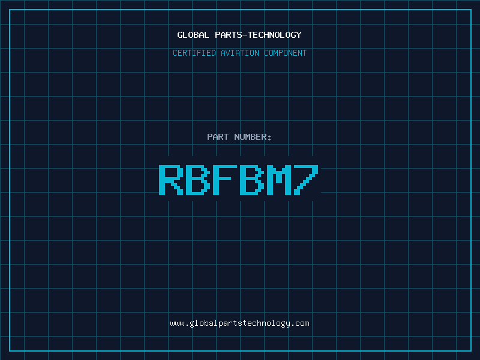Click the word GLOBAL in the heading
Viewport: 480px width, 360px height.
[x=193, y=35]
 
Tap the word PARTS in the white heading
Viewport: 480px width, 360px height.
[x=229, y=35]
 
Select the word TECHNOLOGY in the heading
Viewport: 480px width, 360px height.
[x=275, y=35]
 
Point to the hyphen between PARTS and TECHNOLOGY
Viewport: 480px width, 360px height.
[x=245, y=35]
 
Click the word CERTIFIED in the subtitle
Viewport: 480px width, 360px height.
[x=194, y=53]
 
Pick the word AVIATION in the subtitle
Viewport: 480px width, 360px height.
[x=239, y=53]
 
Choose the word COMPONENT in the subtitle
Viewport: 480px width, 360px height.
[x=285, y=53]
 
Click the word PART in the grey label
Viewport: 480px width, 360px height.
[x=218, y=137]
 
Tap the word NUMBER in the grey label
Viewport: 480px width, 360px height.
[x=250, y=137]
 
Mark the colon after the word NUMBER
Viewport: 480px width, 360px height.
[x=269, y=138]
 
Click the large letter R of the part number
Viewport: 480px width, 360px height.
[x=171, y=179]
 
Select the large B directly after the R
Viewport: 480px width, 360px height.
[x=198, y=179]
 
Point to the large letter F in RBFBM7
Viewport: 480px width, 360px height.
[x=225, y=179]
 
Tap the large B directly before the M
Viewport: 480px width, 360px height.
[x=252, y=179]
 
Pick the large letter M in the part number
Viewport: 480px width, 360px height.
[x=279, y=179]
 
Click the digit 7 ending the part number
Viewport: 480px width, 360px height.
[x=306, y=179]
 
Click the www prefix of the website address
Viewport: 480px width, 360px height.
[x=177, y=324]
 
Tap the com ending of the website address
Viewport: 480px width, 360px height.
[x=302, y=324]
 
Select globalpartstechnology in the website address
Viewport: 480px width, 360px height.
[x=239, y=324]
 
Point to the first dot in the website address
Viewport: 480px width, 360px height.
[x=187, y=326]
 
